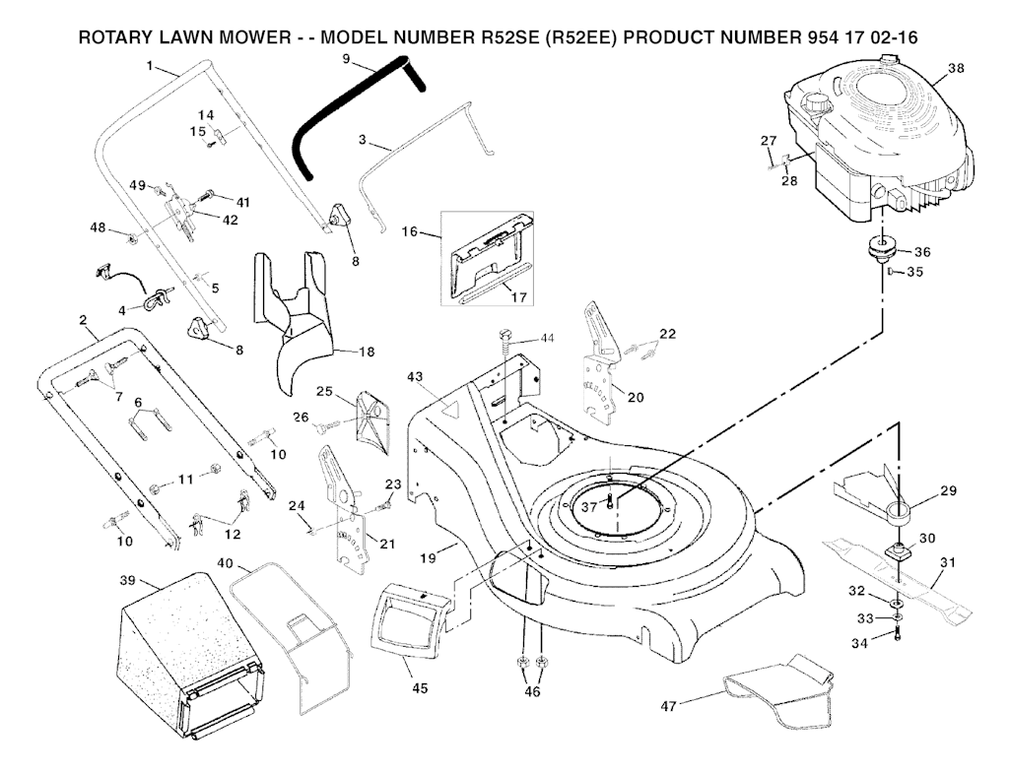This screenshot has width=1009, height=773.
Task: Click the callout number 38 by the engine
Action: pyautogui.click(x=955, y=68)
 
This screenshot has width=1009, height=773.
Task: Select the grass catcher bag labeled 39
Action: pyautogui.click(x=187, y=650)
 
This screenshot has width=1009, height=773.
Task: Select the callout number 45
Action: pyautogui.click(x=420, y=688)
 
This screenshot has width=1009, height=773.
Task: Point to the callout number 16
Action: pyautogui.click(x=410, y=232)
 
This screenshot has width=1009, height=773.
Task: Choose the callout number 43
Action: pyautogui.click(x=415, y=377)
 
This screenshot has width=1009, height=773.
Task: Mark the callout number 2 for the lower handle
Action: pyautogui.click(x=83, y=320)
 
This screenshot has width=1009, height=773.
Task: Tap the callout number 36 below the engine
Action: pyautogui.click(x=922, y=251)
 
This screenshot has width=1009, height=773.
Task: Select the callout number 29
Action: pyautogui.click(x=948, y=489)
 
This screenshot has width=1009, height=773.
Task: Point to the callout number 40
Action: pyautogui.click(x=226, y=564)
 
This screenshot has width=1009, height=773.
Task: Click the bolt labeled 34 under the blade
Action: pyautogui.click(x=898, y=635)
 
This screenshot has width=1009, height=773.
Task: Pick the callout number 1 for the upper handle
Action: pyautogui.click(x=149, y=66)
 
